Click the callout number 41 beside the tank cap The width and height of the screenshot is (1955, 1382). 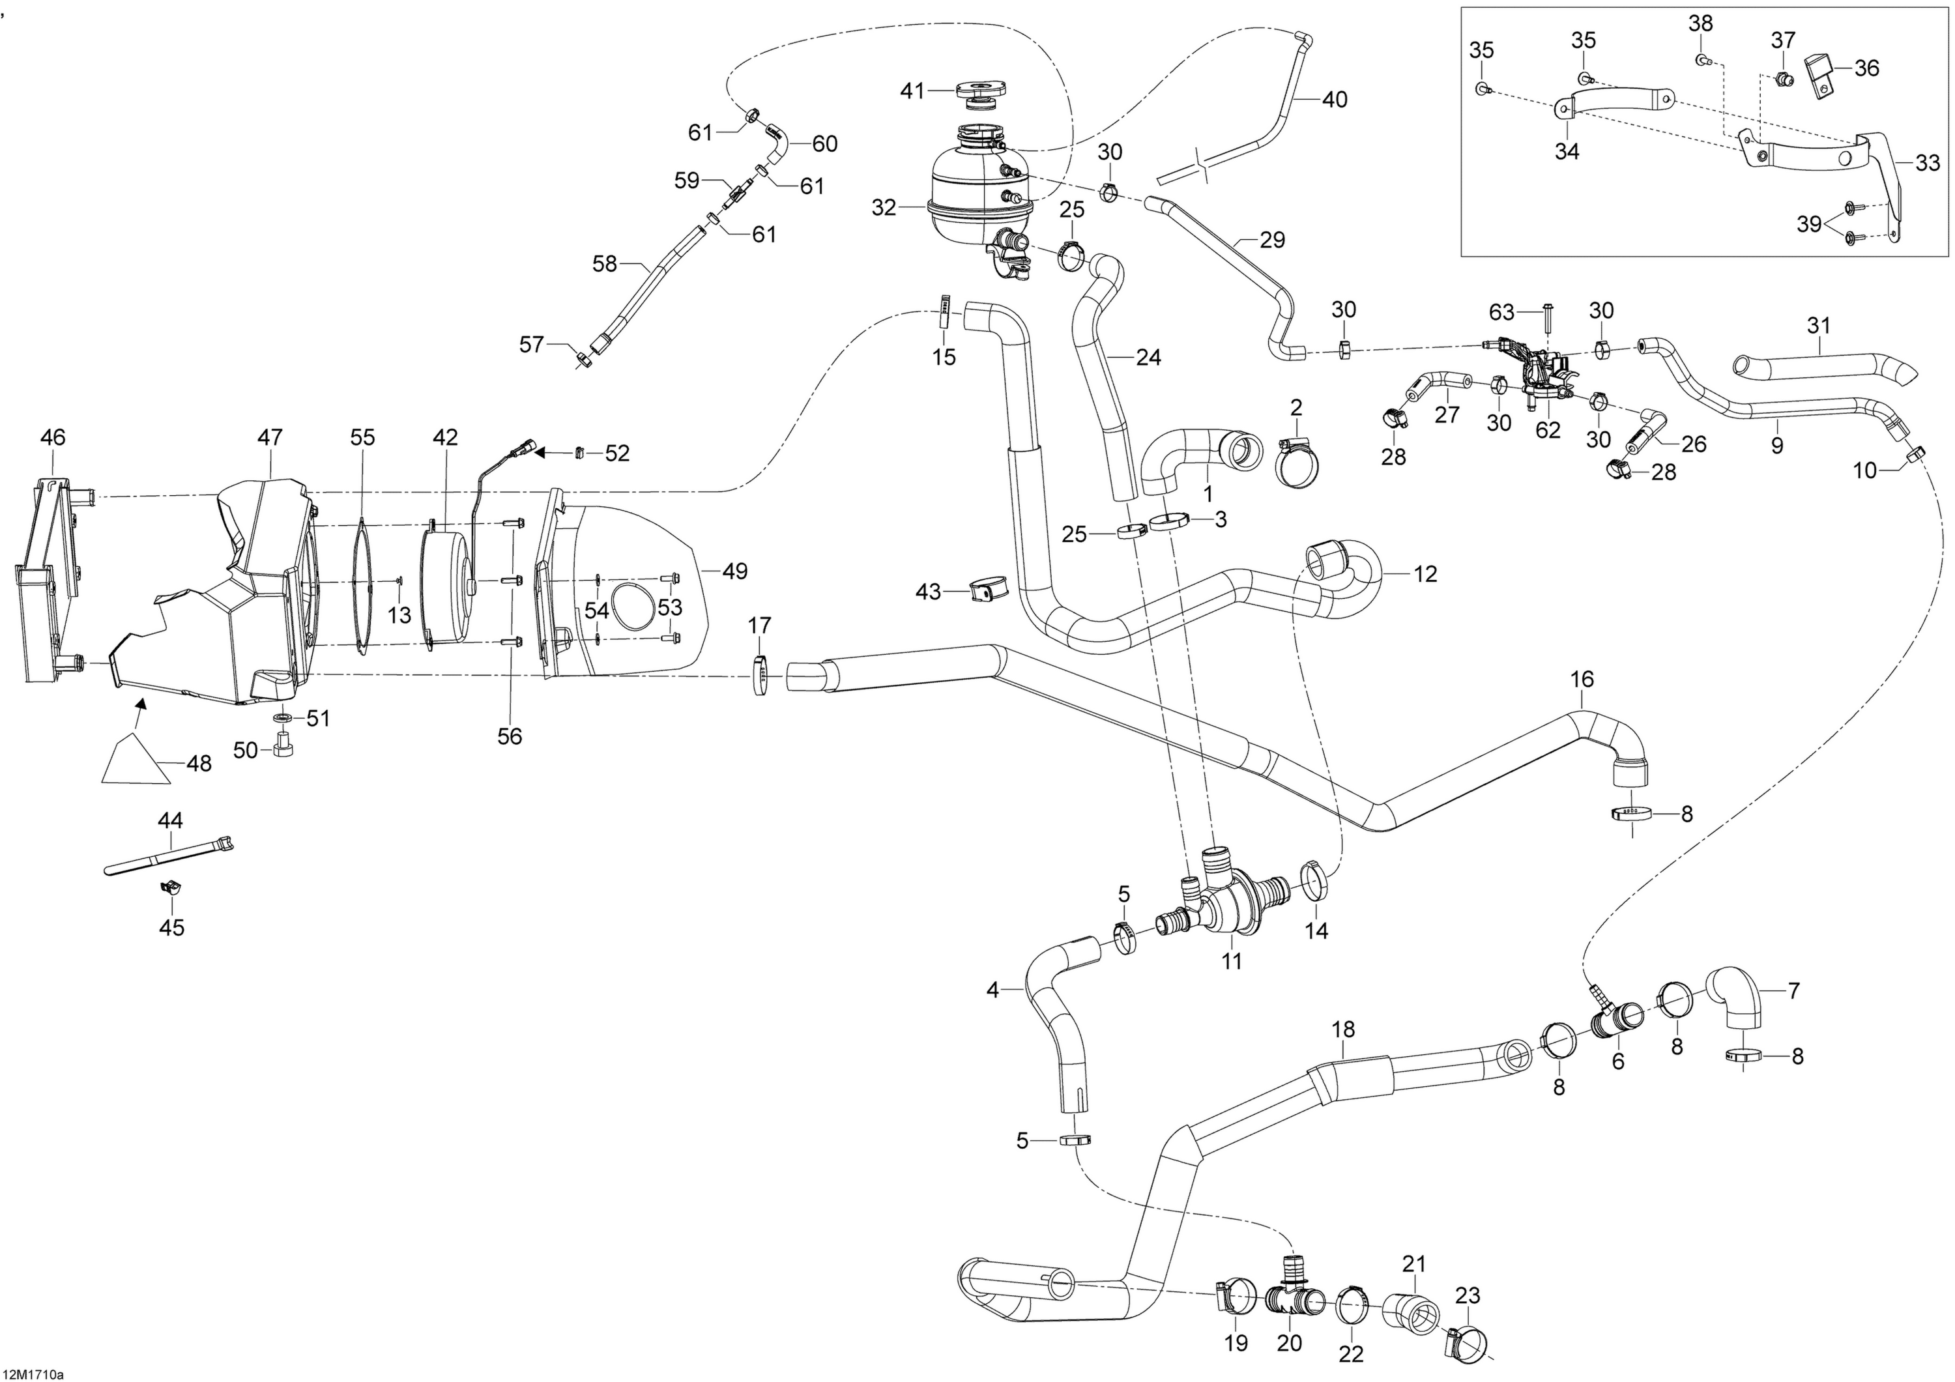point(913,91)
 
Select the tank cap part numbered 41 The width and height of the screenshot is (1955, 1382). point(982,94)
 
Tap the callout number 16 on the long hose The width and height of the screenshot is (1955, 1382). point(1582,680)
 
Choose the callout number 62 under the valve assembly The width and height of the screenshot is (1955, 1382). point(1547,430)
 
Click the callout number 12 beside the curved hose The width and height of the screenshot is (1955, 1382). point(1425,574)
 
